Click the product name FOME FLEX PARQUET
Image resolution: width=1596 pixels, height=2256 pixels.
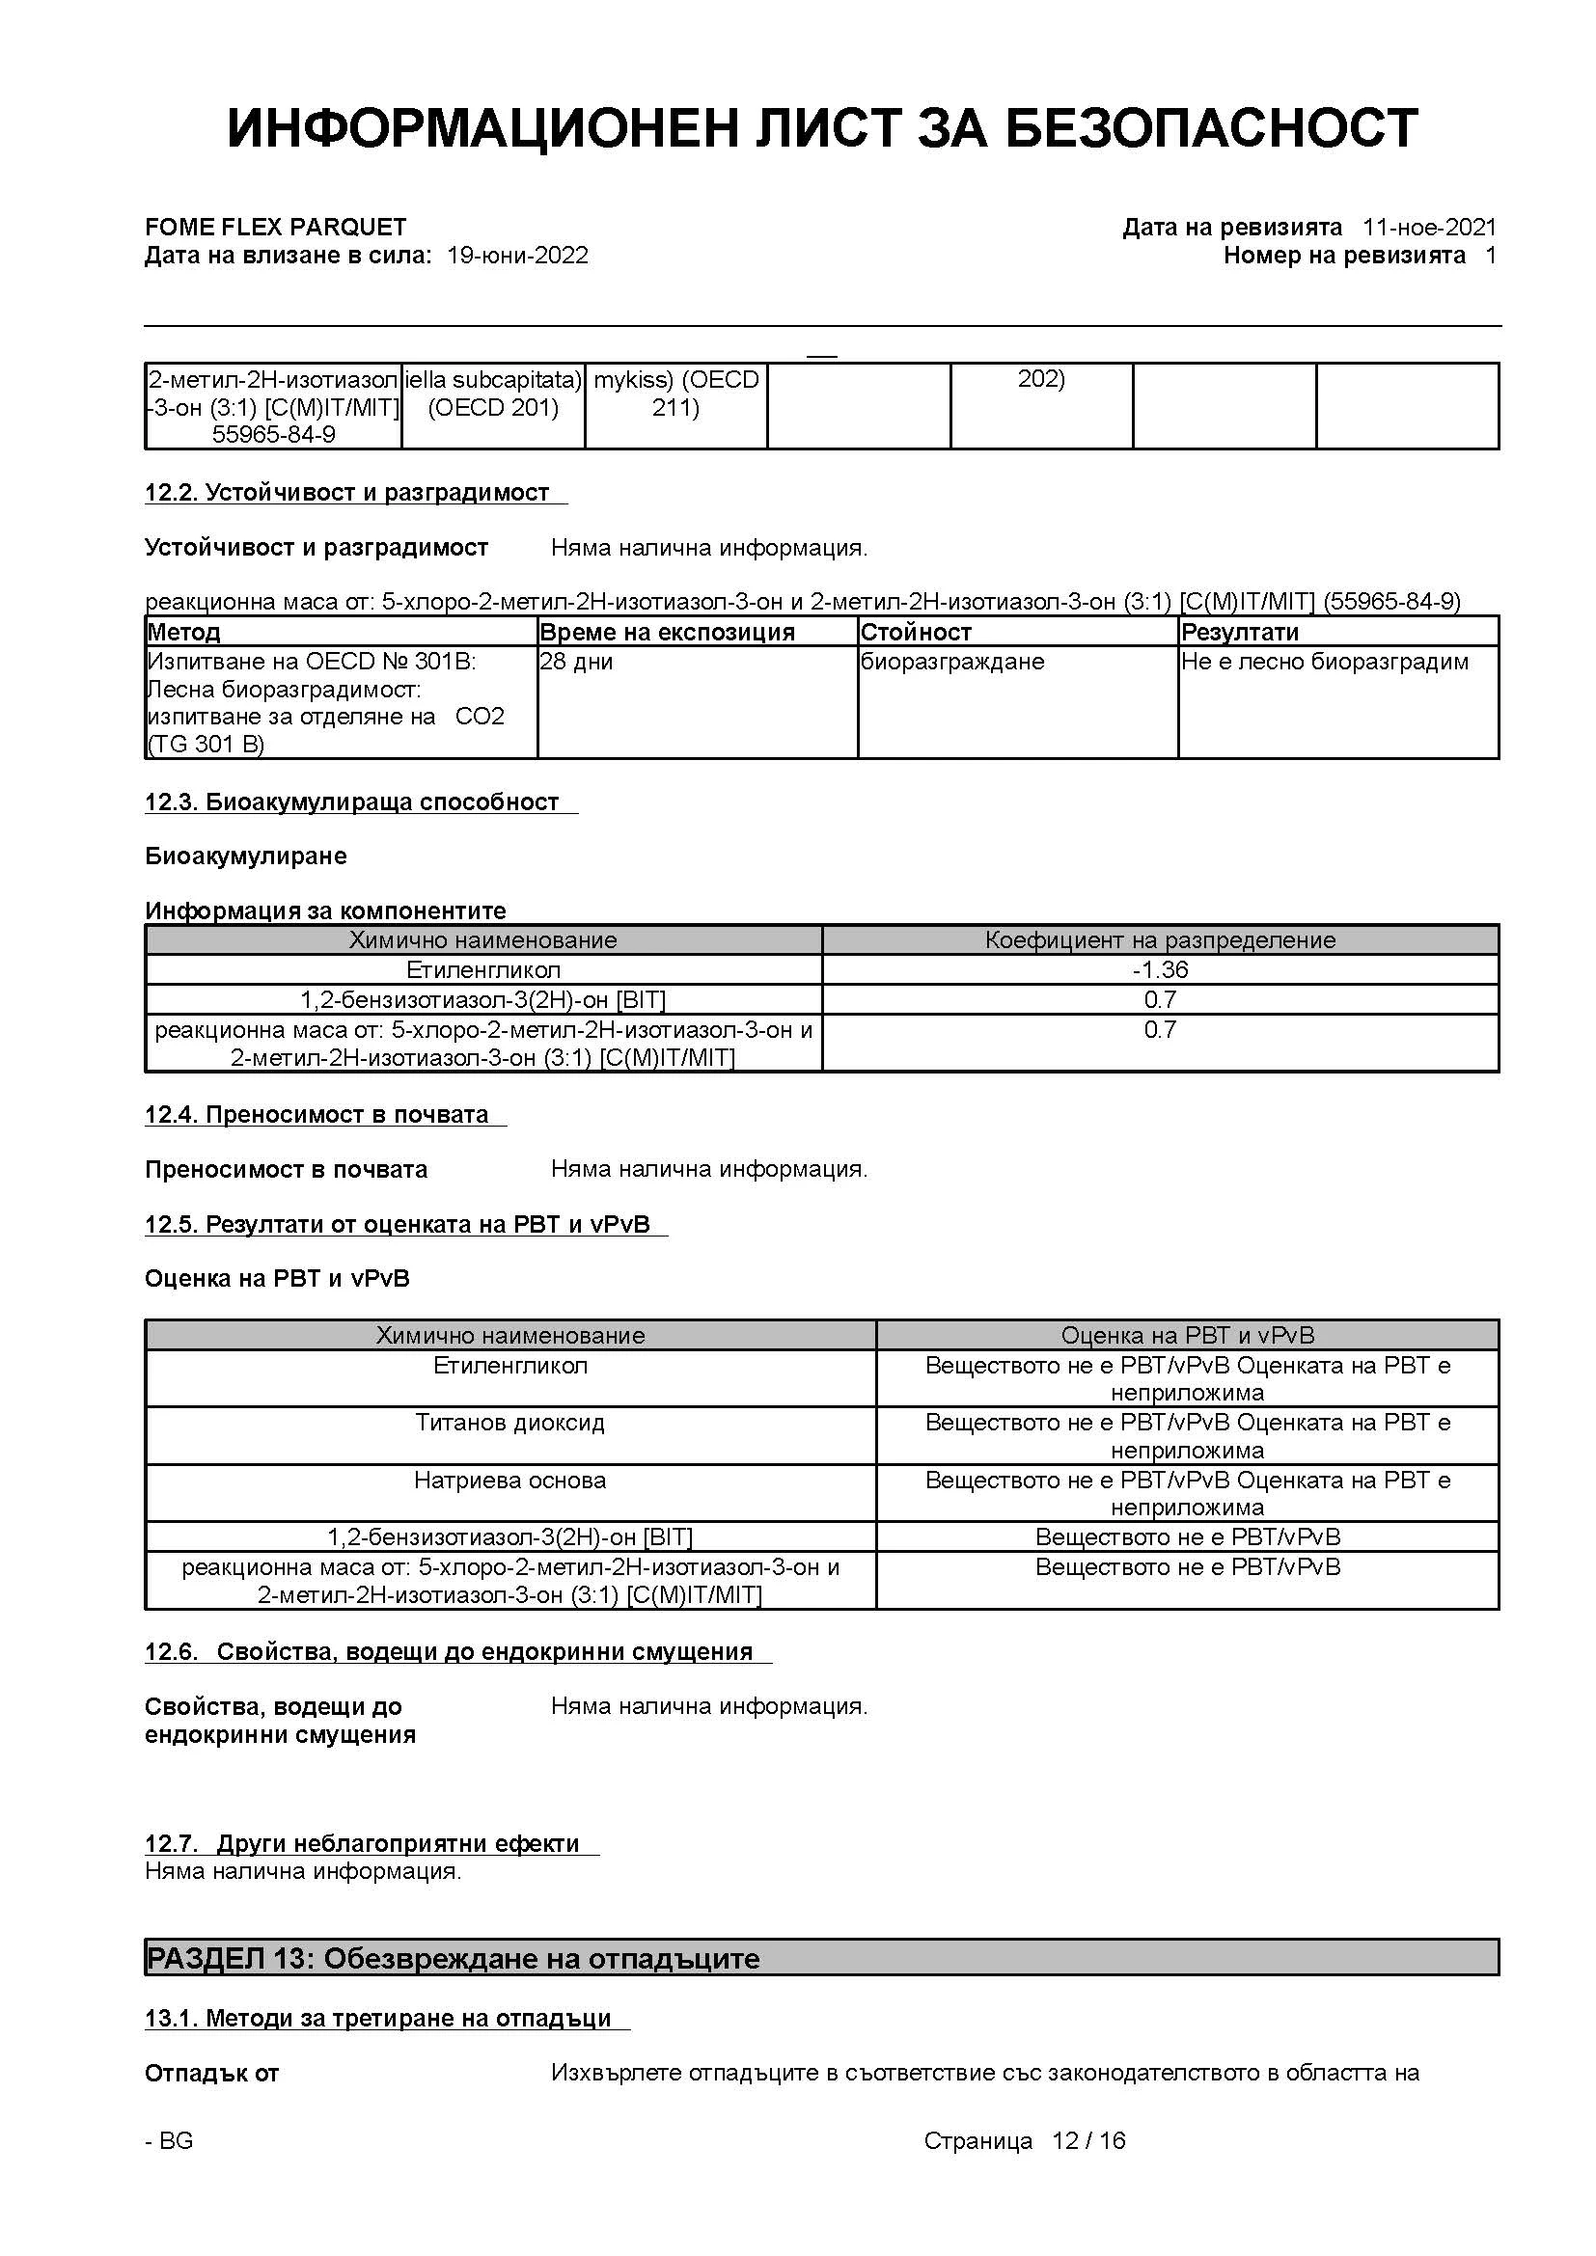[x=275, y=228]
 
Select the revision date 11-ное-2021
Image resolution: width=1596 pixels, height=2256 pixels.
[x=1428, y=228]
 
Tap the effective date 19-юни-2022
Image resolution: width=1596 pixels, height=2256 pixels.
[x=517, y=257]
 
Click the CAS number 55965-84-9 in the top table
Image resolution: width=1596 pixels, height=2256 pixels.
[x=273, y=434]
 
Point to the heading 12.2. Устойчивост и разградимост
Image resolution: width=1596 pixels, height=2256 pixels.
[x=347, y=493]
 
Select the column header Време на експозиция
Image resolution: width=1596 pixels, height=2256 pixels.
[x=668, y=632]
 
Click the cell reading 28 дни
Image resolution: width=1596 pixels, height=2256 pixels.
[x=577, y=663]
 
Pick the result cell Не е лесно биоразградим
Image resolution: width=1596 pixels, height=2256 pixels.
[x=1324, y=663]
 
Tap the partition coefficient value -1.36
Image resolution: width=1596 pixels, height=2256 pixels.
[x=1160, y=969]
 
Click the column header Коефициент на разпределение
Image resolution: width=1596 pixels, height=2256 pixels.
[x=1160, y=940]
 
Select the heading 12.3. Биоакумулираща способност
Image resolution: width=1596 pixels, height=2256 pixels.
[x=352, y=802]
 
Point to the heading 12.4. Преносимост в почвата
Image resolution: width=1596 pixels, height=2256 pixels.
[x=316, y=1115]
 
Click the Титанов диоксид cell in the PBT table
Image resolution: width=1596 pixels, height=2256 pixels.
[x=510, y=1423]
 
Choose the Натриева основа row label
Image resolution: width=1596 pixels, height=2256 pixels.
[x=510, y=1481]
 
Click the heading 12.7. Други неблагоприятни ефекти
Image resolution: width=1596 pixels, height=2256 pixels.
[x=362, y=1844]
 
